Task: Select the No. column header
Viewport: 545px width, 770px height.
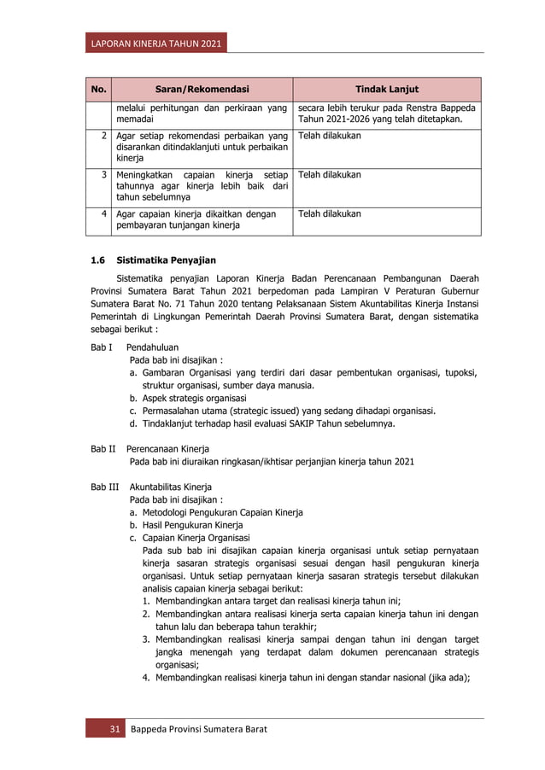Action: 98,89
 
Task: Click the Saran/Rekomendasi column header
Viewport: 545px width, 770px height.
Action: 202,89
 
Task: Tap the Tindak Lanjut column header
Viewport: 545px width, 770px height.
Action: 386,89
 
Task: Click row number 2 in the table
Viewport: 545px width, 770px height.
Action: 103,136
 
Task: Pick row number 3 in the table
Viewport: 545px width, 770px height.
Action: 103,174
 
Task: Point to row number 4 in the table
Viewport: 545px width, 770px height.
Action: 103,213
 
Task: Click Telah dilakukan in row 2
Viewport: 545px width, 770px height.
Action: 329,136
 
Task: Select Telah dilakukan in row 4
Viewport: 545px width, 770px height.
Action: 329,213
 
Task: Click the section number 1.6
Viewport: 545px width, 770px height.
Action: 98,260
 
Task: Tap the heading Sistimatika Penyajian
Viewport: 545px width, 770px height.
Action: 167,260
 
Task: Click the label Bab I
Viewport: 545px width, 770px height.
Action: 102,347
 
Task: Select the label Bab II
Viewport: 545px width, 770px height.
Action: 103,448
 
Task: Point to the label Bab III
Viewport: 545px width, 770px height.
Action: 104,487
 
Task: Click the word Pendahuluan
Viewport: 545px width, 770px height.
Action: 152,347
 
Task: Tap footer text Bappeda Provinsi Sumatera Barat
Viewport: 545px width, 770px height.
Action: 197,729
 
